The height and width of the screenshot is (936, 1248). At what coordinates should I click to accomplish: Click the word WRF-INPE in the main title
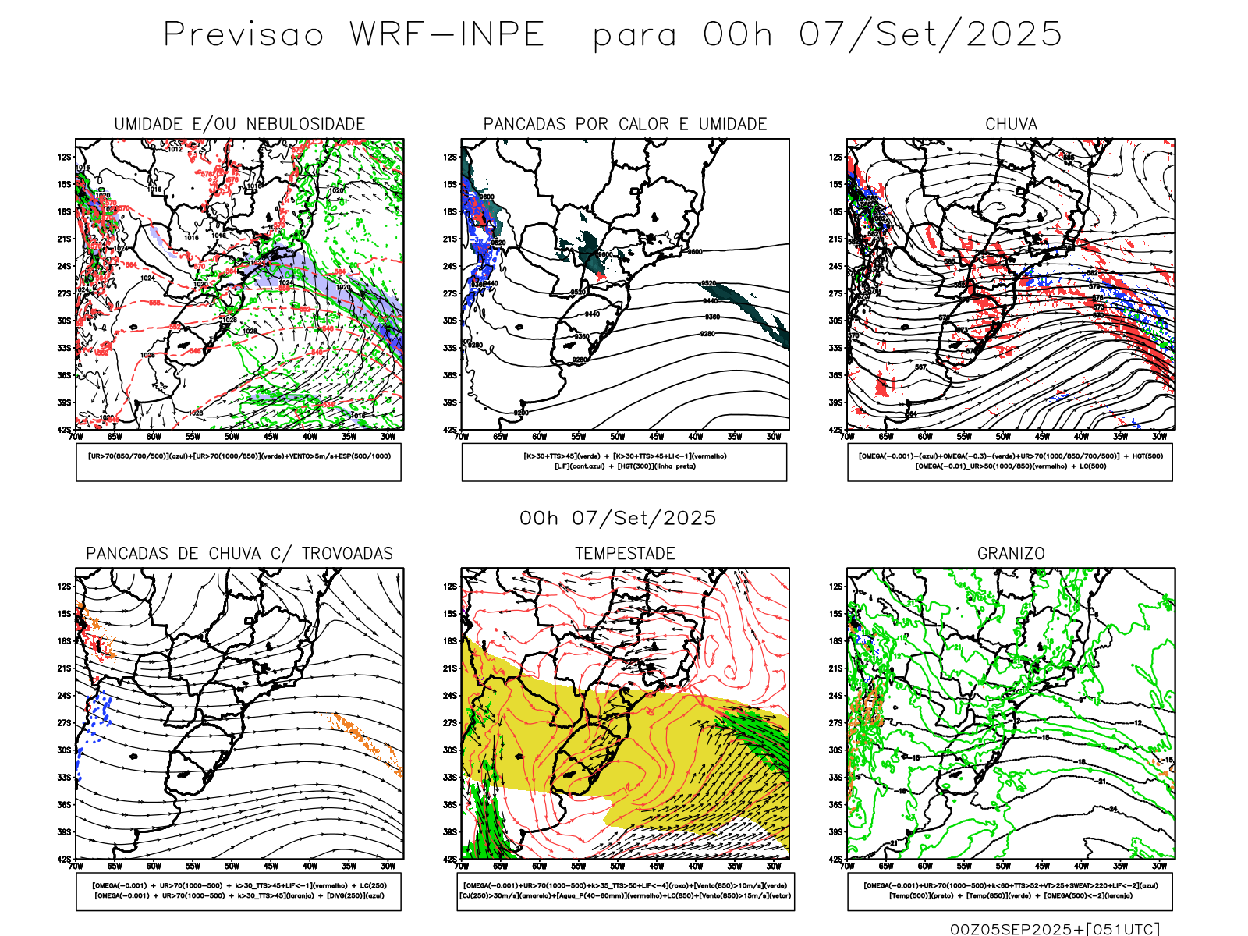(447, 35)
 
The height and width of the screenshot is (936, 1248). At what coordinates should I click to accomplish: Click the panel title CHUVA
(1011, 124)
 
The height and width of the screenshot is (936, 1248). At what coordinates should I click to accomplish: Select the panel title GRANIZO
(1011, 554)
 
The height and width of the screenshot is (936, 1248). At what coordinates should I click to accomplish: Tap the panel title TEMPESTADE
(625, 554)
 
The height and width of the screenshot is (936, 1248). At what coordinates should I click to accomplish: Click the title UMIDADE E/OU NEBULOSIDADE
(239, 124)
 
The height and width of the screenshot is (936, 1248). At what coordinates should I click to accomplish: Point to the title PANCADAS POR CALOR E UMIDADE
(625, 124)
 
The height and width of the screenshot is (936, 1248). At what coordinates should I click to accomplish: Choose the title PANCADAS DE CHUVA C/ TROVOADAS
(239, 554)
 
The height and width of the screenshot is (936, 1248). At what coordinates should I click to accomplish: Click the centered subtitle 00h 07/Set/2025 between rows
(618, 518)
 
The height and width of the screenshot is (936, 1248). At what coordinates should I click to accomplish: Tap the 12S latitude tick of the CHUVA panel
(836, 158)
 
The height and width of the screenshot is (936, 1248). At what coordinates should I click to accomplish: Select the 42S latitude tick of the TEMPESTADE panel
(451, 860)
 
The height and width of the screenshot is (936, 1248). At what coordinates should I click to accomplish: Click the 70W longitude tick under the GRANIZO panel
(848, 866)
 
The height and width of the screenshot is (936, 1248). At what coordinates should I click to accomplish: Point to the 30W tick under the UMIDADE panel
(388, 437)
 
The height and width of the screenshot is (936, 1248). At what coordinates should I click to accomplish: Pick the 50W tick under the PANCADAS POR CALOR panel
(618, 437)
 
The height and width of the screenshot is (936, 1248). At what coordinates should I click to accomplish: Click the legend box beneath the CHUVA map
(1010, 462)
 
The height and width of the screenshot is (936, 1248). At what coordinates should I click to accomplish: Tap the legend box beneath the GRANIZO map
(1010, 891)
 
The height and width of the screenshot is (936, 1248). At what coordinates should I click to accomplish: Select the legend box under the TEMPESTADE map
(625, 891)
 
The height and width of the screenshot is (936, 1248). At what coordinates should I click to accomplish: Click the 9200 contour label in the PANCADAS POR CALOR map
(521, 413)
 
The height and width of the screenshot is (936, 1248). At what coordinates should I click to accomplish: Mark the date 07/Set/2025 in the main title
(931, 35)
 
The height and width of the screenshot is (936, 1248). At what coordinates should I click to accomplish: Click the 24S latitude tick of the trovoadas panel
(64, 696)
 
